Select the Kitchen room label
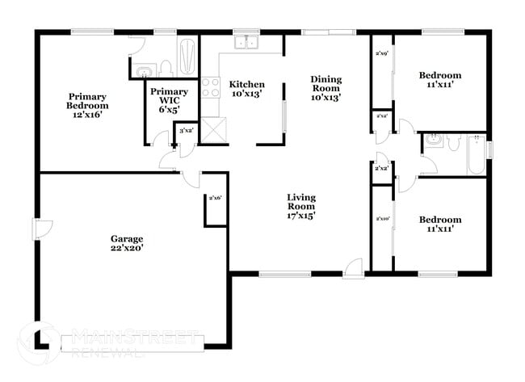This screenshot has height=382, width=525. (247, 90)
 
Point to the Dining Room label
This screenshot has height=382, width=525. (326, 87)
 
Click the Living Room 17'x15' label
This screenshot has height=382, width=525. (301, 206)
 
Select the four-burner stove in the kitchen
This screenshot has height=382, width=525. (210, 87)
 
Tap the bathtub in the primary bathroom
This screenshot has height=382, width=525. (187, 56)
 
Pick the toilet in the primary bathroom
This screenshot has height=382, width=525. (166, 67)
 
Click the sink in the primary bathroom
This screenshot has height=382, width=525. (143, 69)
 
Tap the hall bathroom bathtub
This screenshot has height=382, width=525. (477, 155)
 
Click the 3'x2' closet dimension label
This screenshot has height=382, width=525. (186, 130)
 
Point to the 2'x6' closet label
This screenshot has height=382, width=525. (215, 199)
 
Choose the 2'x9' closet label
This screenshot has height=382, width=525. (381, 55)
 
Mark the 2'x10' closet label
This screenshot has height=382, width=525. (382, 219)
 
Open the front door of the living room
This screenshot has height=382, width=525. (353, 271)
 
